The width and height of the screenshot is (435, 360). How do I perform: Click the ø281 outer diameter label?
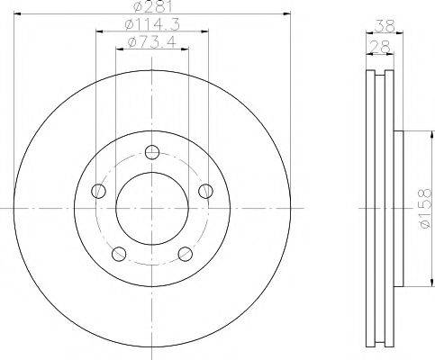(x=150, y=8)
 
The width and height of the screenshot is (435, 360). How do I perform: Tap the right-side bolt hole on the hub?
(x=205, y=190)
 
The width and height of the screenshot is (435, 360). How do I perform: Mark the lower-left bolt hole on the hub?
(x=118, y=253)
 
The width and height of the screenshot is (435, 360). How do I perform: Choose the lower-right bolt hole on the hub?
(x=185, y=253)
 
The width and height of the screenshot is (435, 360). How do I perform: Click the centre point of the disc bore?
(x=151, y=208)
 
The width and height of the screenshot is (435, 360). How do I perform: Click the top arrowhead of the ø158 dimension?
(x=416, y=135)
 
